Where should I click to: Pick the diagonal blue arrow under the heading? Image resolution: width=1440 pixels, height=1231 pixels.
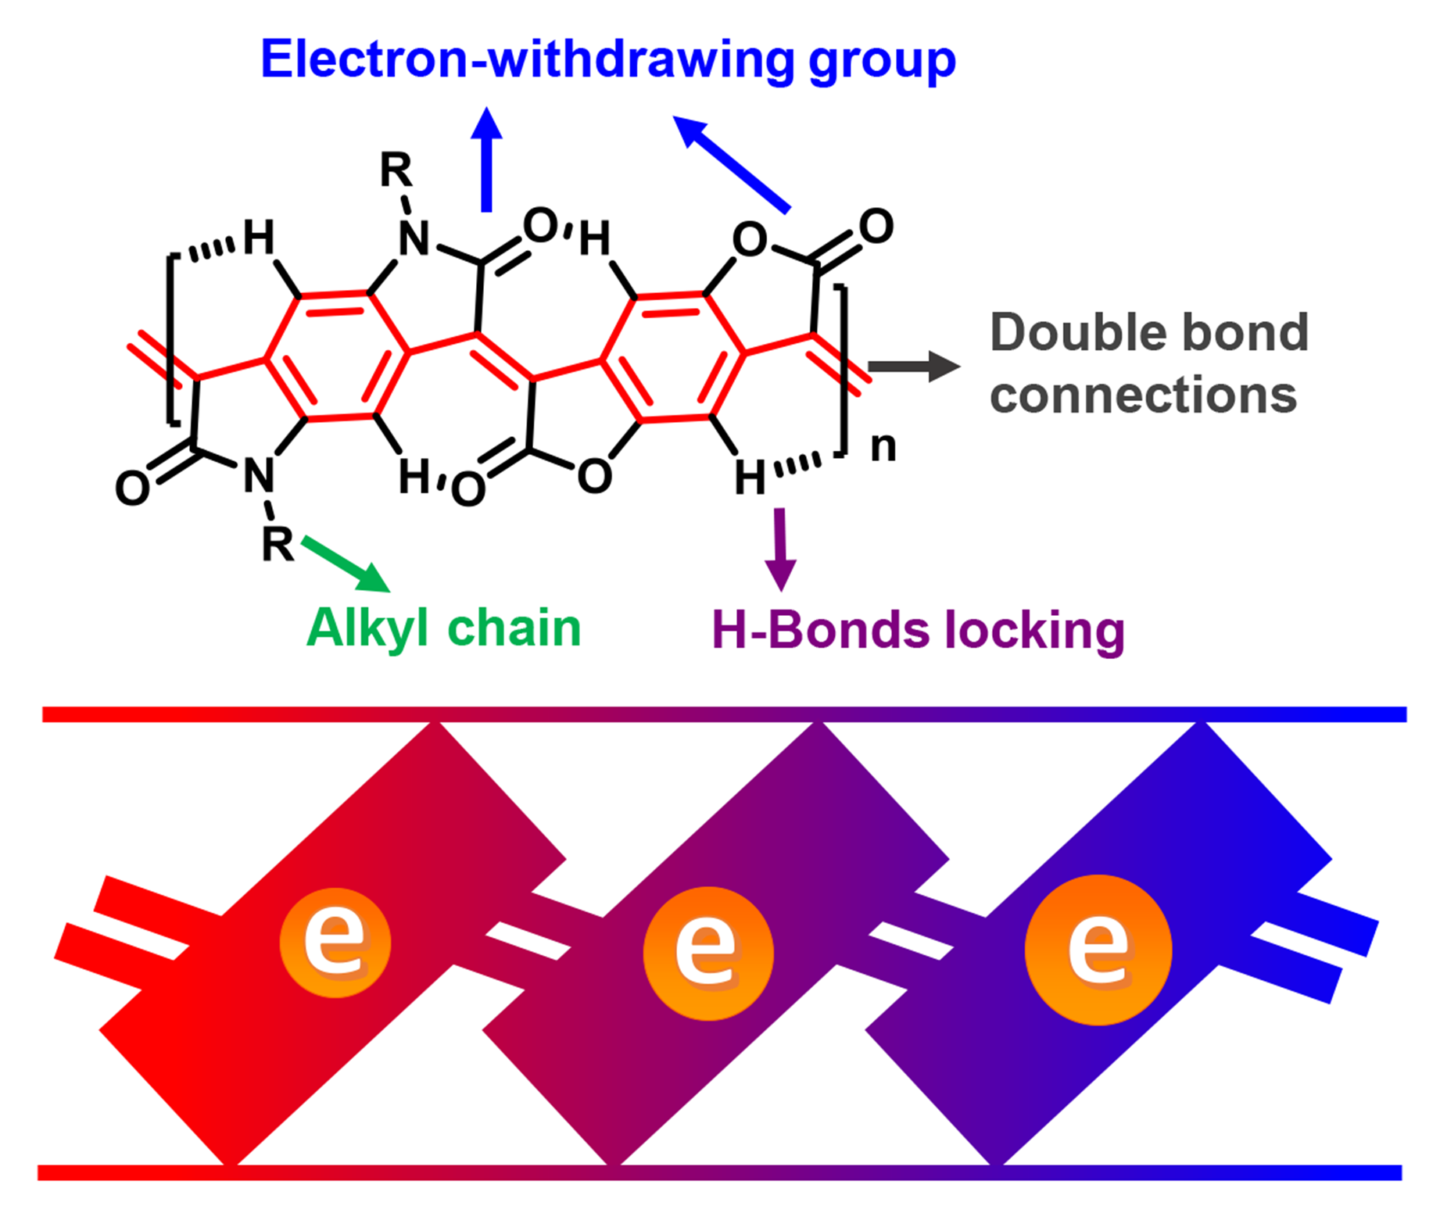point(731,164)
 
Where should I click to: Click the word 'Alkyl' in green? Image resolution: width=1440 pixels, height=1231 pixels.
point(367,628)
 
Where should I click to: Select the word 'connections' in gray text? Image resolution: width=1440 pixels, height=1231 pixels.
point(1143,395)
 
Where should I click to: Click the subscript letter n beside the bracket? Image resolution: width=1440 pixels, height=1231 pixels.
point(883,447)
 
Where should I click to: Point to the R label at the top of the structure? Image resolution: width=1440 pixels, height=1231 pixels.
point(396,170)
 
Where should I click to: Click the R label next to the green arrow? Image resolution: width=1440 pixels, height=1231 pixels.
point(278,544)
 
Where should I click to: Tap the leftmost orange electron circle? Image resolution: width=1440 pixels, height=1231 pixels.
point(335,943)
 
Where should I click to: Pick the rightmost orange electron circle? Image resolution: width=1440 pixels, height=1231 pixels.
point(1098,950)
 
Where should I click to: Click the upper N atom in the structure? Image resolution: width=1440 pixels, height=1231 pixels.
point(414,238)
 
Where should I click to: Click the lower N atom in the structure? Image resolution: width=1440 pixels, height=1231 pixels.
point(259,474)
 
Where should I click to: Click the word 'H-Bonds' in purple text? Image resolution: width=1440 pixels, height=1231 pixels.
point(821,630)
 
